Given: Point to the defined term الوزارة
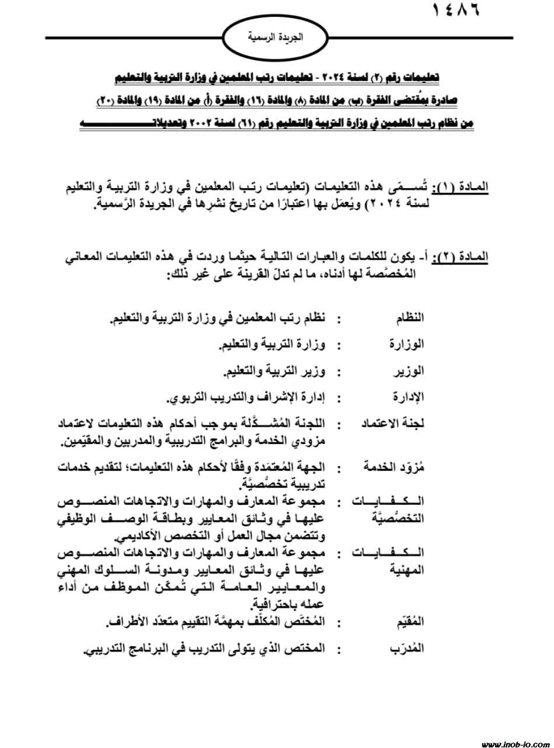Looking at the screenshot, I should click(407, 344).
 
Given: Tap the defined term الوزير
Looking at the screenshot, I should click(410, 370).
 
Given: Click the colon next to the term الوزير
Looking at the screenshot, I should click(339, 371).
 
